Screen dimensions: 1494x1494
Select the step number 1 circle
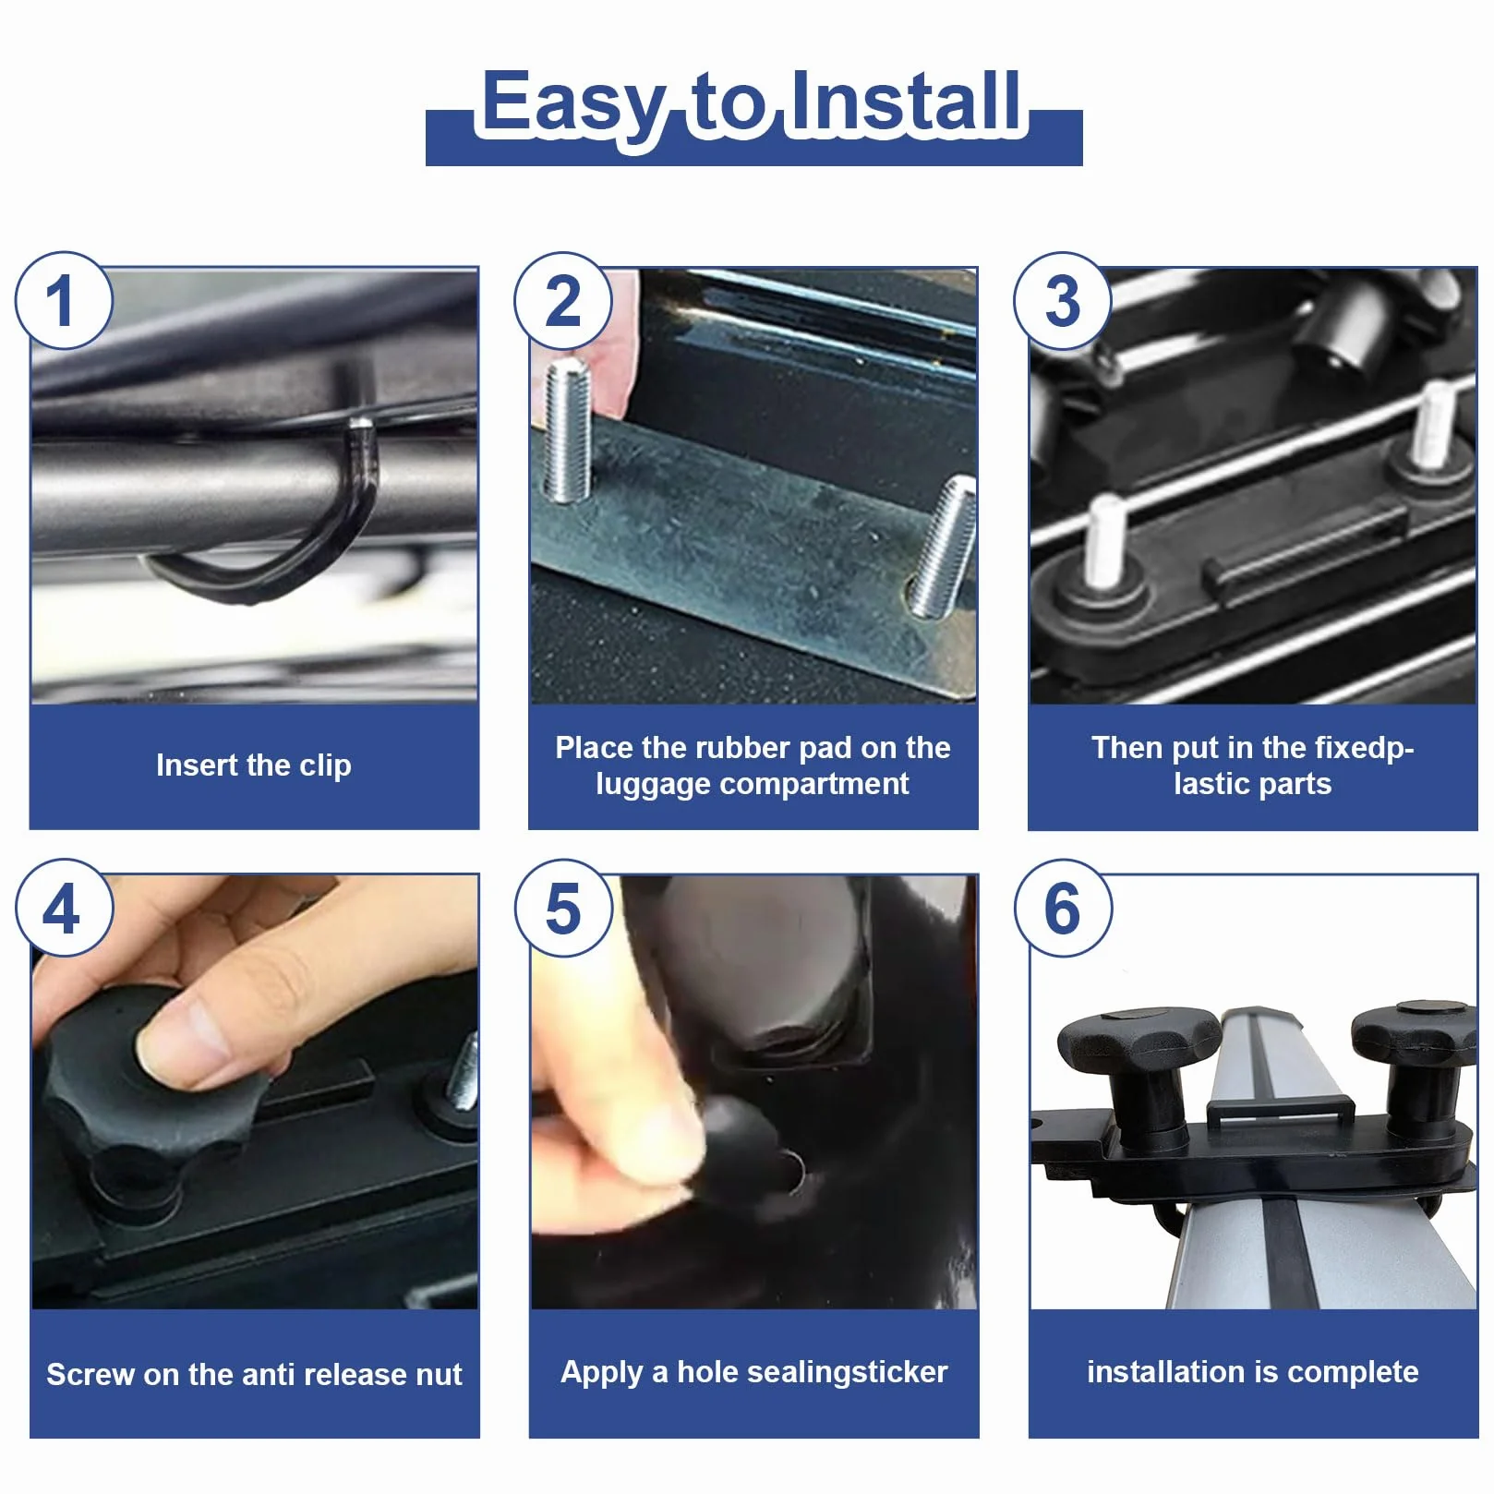point(64,300)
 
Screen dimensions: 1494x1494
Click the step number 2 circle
point(563,300)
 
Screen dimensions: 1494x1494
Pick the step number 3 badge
point(1063,300)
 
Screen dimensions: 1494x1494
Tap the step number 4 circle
point(64,908)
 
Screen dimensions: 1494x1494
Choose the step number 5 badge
point(563,908)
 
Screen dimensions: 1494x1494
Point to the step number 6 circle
point(1063,908)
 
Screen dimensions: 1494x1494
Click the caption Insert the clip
point(254,765)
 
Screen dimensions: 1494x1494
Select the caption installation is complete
point(1252,1372)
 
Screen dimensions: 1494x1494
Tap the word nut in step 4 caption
point(439,1375)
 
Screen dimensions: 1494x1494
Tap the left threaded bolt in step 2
point(567,430)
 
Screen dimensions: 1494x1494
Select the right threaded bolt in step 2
point(942,546)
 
